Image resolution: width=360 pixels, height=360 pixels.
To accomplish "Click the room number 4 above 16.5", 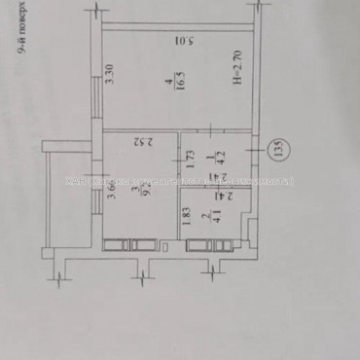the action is click(167, 78).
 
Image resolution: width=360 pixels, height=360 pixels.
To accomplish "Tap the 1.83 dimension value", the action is click(188, 221).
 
